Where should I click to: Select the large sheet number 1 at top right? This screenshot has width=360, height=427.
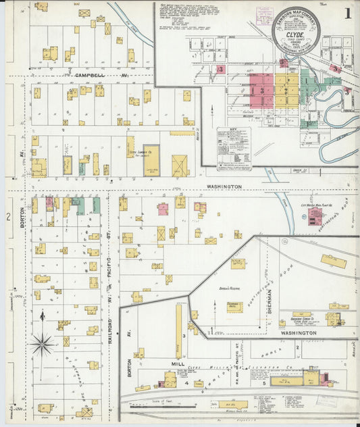point(346,14)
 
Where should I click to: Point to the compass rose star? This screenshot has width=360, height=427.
point(42,344)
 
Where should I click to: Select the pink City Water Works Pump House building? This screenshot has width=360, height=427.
point(315,216)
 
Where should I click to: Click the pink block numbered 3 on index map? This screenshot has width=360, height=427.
point(262,90)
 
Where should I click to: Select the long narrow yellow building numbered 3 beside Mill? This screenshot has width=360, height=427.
point(179,331)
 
